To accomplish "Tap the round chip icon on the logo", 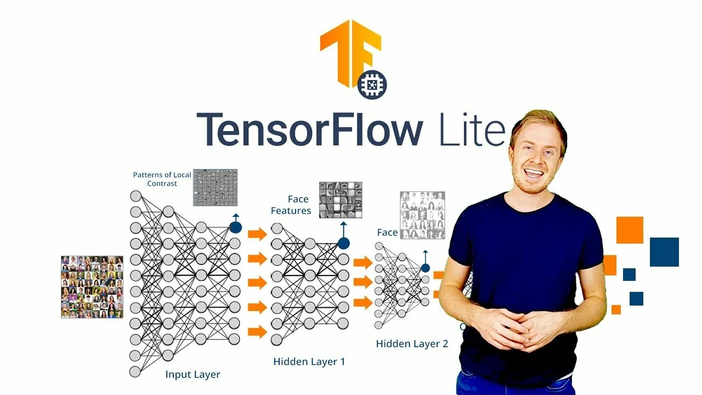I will (x=372, y=85).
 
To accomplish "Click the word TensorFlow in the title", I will (x=309, y=129).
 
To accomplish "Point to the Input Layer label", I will (x=193, y=375).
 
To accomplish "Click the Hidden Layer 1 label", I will (x=309, y=362).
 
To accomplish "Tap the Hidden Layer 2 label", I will (x=412, y=344).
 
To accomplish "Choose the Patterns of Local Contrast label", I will (x=162, y=179).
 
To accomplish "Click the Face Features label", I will (x=291, y=205).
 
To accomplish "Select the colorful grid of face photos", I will (x=92, y=286).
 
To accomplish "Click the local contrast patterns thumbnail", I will (x=215, y=187).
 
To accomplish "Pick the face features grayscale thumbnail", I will (x=341, y=200).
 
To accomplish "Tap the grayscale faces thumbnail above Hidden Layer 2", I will (x=422, y=215).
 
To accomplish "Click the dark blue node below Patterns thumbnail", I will (x=235, y=227).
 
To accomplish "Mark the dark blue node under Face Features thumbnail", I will (x=344, y=243).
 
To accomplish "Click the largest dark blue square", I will (x=664, y=252).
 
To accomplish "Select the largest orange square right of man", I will (x=630, y=230).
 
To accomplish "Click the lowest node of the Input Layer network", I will (x=135, y=371).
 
